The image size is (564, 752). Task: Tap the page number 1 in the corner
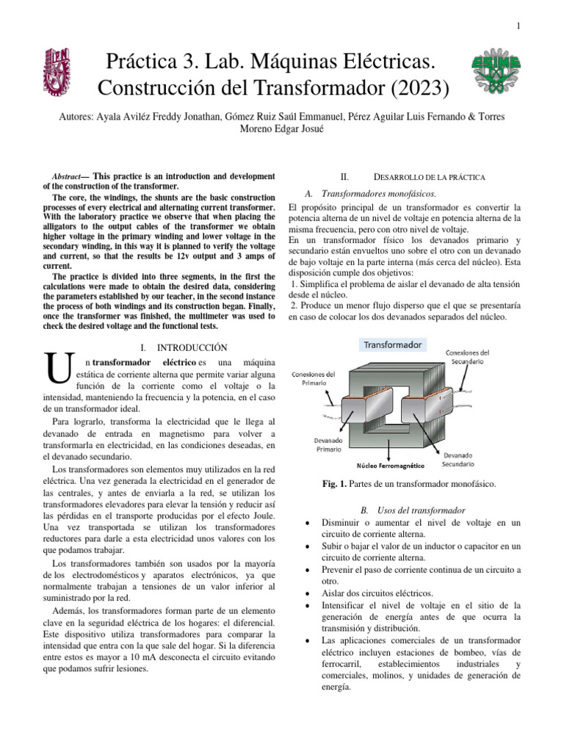click(x=518, y=26)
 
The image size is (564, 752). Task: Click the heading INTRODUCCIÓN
click(x=192, y=347)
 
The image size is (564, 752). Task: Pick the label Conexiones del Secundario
click(x=469, y=357)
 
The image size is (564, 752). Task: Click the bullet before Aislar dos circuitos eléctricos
click(x=305, y=593)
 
